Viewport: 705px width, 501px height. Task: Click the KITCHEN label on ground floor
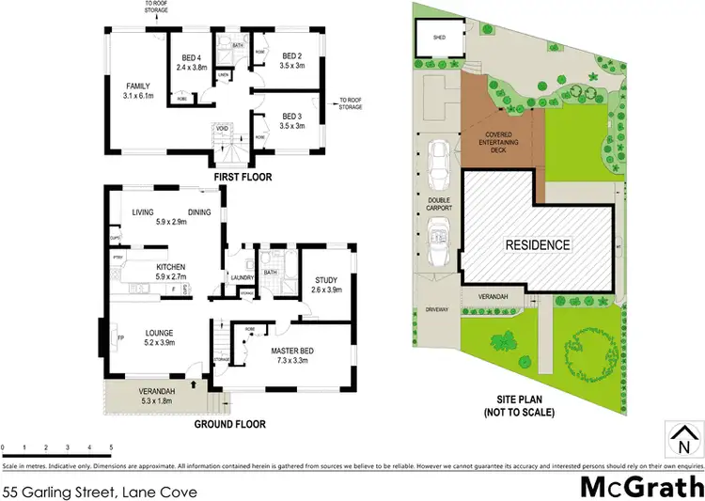coord(171,267)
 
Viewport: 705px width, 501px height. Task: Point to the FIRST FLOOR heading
coord(242,176)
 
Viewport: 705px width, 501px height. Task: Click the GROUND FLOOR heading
coord(229,425)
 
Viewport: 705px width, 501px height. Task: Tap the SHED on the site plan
coord(438,39)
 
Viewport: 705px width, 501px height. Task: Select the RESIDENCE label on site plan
coord(540,245)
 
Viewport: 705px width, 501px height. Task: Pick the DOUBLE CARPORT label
coord(439,203)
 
